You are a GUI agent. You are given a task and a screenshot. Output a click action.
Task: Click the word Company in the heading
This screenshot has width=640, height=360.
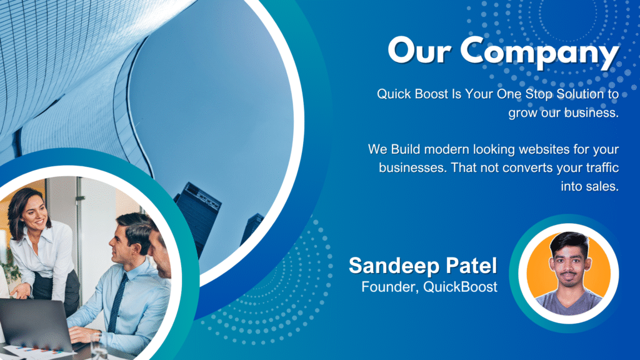click(x=539, y=52)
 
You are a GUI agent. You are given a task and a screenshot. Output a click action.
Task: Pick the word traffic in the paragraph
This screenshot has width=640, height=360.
click(x=602, y=167)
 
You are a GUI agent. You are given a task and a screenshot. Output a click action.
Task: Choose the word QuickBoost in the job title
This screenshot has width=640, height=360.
click(x=461, y=286)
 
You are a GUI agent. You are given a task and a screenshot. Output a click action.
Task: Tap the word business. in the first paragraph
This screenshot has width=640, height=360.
click(x=592, y=112)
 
